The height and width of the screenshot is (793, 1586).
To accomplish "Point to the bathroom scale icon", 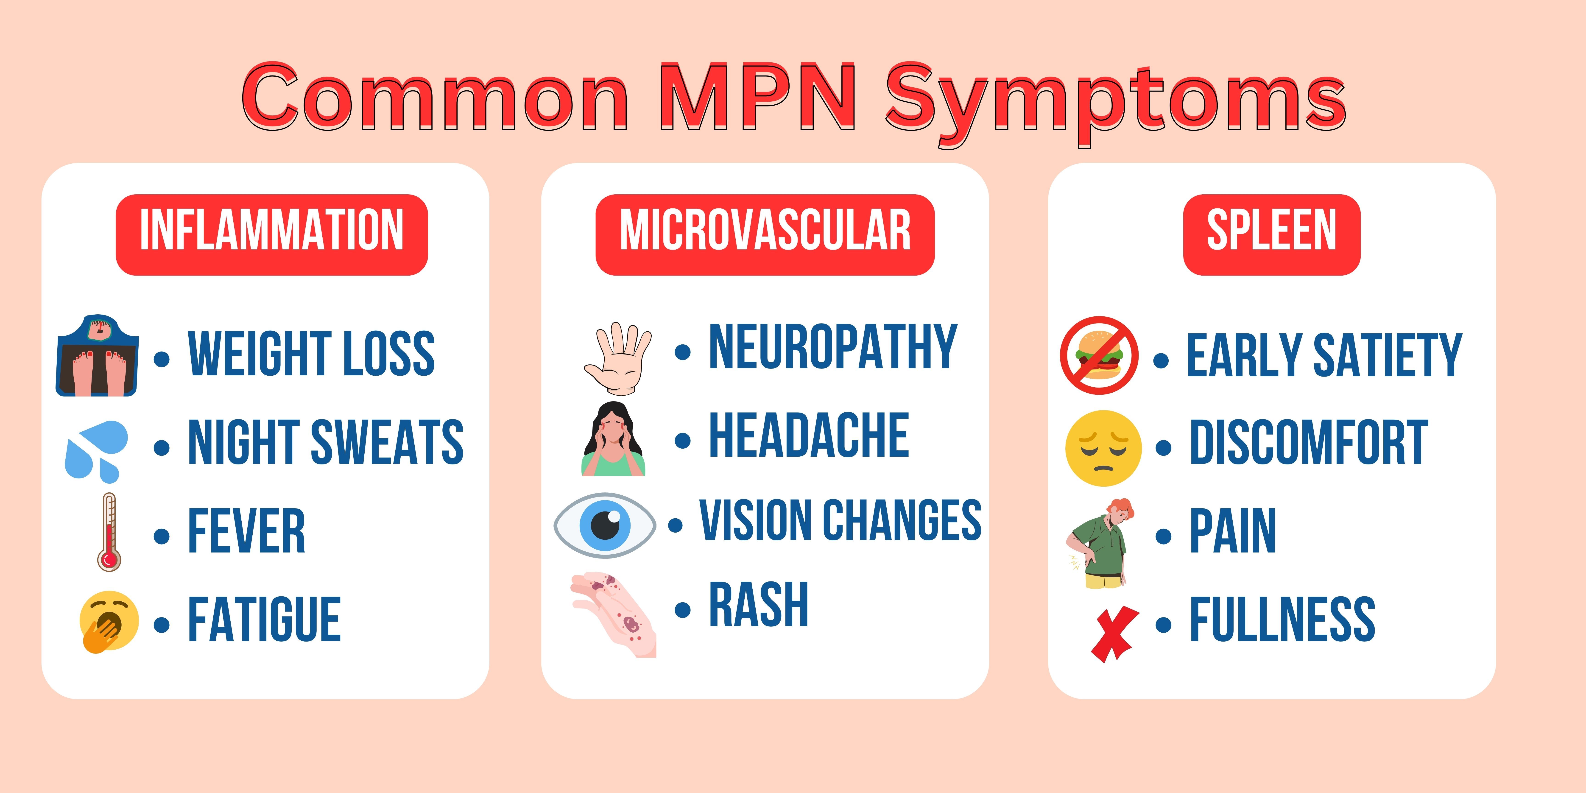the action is point(97,356).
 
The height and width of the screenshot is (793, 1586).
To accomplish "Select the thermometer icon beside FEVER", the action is point(109,533).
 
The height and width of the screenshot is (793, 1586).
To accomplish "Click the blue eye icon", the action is point(605,525).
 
